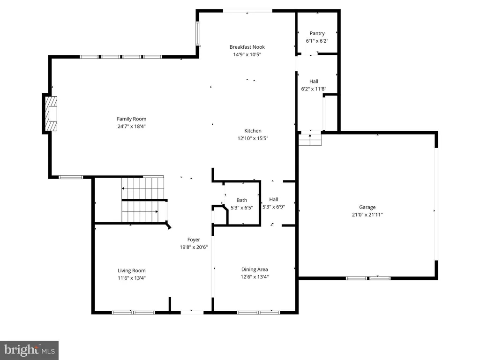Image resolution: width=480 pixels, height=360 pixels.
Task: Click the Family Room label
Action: point(132,119)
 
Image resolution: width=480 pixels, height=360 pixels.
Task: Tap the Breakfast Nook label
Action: point(247,47)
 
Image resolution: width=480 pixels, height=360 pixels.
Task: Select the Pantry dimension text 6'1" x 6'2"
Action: point(317,41)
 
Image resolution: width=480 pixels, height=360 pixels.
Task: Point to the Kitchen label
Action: point(253,131)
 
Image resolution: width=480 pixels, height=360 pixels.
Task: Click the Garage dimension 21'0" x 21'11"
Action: point(367,215)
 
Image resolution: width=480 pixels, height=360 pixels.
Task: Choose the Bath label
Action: point(242,200)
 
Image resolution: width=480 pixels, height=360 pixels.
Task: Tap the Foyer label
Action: point(194,240)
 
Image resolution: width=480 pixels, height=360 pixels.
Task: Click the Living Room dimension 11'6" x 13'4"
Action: point(132,278)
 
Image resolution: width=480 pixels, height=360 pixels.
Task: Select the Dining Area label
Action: point(255,270)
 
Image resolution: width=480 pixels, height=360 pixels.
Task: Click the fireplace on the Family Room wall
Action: point(50,113)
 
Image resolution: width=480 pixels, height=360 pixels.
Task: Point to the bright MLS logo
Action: point(30,350)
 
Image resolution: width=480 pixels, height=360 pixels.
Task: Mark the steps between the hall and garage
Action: point(310,140)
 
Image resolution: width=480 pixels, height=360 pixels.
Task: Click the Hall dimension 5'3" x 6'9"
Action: point(274,207)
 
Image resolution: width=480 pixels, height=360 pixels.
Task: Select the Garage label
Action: point(367,207)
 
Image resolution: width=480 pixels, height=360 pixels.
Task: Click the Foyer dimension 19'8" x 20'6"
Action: point(194,247)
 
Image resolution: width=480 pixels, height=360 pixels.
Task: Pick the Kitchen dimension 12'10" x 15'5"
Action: point(253,138)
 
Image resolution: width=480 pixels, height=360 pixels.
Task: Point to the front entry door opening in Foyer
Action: point(192,312)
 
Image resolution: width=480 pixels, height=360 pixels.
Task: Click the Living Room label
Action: point(132,270)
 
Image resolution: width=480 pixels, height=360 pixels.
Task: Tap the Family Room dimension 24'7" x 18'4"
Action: point(132,126)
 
